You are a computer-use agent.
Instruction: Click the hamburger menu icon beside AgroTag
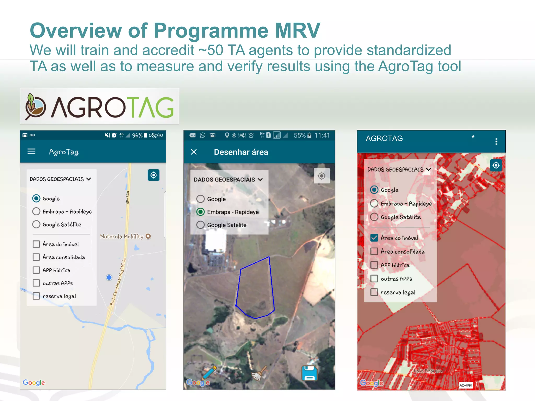pyautogui.click(x=31, y=151)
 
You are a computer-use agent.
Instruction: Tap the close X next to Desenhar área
pyautogui.click(x=194, y=152)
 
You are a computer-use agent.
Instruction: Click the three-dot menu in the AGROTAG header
pyautogui.click(x=496, y=141)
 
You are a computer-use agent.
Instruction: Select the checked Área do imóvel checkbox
pyautogui.click(x=374, y=238)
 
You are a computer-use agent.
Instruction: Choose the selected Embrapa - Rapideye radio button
pyautogui.click(x=200, y=212)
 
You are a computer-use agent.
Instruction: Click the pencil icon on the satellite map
pyautogui.click(x=210, y=372)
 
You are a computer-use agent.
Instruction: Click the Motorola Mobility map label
pyautogui.click(x=122, y=237)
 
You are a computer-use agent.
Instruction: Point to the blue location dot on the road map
pyautogui.click(x=109, y=278)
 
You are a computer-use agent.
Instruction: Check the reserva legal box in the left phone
pyautogui.click(x=36, y=296)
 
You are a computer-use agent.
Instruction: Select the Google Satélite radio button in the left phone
pyautogui.click(x=36, y=225)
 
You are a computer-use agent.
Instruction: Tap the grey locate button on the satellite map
pyautogui.click(x=322, y=176)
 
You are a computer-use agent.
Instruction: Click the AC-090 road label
pyautogui.click(x=466, y=385)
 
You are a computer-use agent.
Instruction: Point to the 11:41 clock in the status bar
pyautogui.click(x=322, y=135)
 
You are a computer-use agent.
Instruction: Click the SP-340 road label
pyautogui.click(x=128, y=198)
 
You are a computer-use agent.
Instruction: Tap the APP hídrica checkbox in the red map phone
pyautogui.click(x=374, y=265)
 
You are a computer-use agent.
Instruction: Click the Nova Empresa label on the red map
pyautogui.click(x=428, y=371)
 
